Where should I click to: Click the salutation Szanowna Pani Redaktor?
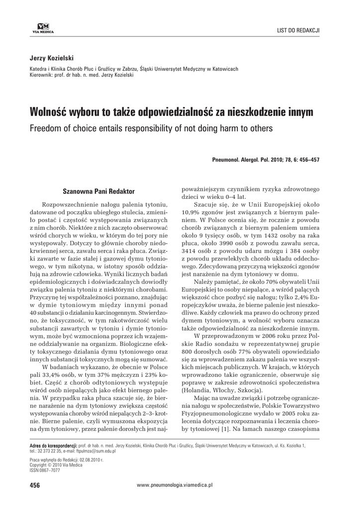[x=98, y=191]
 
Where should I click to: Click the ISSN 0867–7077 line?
[x=46, y=470]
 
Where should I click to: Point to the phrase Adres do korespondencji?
[x=53, y=445]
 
